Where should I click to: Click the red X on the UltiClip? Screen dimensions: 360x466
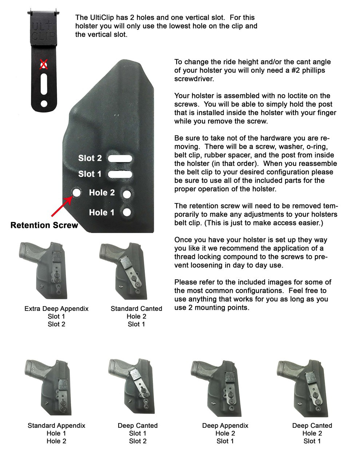pos(44,64)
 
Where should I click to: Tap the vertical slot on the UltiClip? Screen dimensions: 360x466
pos(44,84)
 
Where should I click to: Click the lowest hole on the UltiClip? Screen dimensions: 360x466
pos(44,104)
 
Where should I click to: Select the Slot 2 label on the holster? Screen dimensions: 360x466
pos(90,158)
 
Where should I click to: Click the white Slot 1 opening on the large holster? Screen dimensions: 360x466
pos(120,174)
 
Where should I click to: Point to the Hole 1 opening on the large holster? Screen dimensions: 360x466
pos(127,212)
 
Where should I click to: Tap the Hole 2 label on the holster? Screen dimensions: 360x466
pos(102,193)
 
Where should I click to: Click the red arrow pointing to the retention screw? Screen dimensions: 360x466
pos(62,206)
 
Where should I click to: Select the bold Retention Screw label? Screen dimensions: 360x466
pos(44,225)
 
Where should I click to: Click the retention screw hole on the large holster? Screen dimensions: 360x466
pos(76,192)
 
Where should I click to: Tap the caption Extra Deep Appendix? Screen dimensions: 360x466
pos(56,309)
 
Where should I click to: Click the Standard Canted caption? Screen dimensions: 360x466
pos(137,309)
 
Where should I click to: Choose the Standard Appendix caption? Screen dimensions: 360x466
pos(56,426)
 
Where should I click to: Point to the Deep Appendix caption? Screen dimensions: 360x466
pos(225,426)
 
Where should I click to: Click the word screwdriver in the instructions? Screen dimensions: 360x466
pos(194,79)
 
